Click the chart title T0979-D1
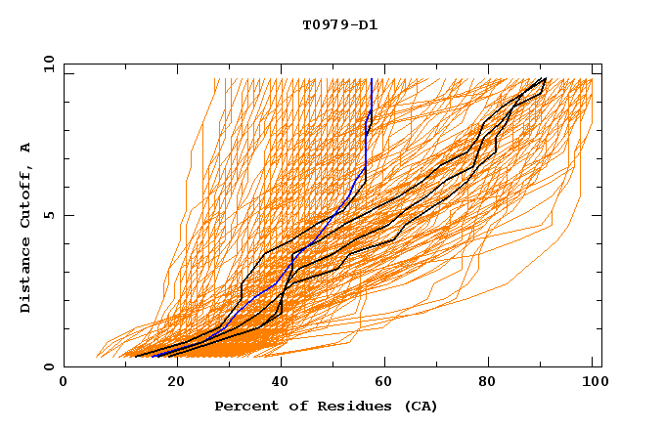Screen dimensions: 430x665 tap(339, 25)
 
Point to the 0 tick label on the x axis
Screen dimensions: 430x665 tap(64, 384)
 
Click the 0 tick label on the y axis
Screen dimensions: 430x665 tap(48, 367)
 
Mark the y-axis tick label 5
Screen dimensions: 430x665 tap(48, 216)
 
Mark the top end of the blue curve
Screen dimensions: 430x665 tap(372, 79)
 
